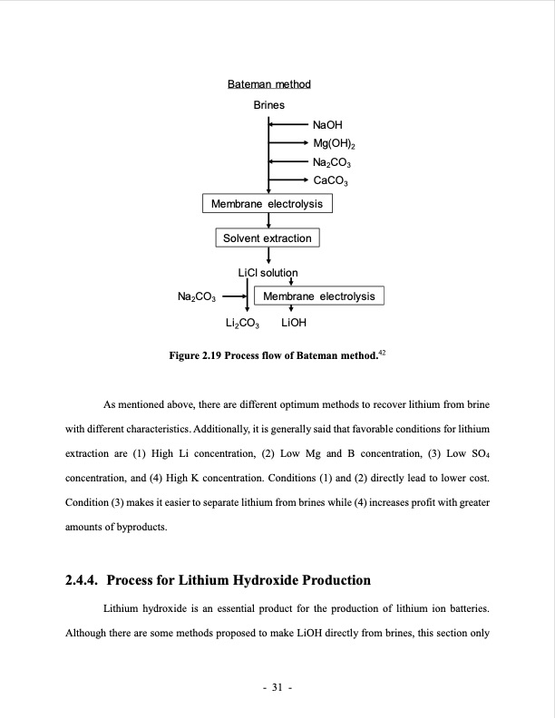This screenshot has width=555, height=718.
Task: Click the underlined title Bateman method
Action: (x=268, y=84)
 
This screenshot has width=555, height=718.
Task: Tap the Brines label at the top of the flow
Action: (x=268, y=105)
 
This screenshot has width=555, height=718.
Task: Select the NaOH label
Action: (x=326, y=125)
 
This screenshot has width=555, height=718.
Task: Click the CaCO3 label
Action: (x=330, y=181)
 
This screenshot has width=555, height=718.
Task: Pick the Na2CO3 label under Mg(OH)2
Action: (x=331, y=162)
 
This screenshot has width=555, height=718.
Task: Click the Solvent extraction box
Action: (x=268, y=238)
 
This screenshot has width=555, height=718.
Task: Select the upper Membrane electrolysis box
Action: (x=267, y=204)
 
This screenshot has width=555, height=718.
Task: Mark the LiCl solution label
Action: (x=267, y=272)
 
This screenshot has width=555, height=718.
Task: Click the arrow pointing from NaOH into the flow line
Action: (x=288, y=125)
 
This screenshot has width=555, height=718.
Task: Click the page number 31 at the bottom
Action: (x=277, y=685)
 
